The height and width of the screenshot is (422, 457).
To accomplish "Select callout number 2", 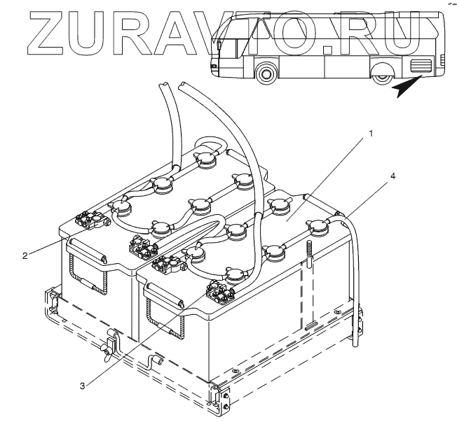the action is (25, 256).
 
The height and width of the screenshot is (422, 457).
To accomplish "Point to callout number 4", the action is (393, 176).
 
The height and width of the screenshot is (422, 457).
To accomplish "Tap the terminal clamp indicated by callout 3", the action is (221, 292).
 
